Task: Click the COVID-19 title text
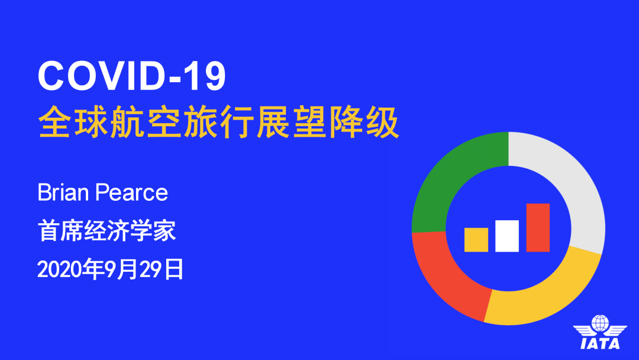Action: pos(131,76)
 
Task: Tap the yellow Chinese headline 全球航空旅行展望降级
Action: pos(218,122)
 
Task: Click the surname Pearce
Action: pos(131,192)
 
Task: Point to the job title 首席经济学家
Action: pos(106,230)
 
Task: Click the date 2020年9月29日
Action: pos(111,269)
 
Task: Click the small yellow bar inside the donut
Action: pos(476,240)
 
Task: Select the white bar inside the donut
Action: pos(507,236)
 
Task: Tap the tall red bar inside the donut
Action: pos(538,227)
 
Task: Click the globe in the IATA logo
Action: pos(600,323)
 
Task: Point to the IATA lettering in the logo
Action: pos(600,343)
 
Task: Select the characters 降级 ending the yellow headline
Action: pos(364,122)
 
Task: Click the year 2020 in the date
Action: pos(60,269)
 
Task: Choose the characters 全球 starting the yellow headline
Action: pos(73,122)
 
